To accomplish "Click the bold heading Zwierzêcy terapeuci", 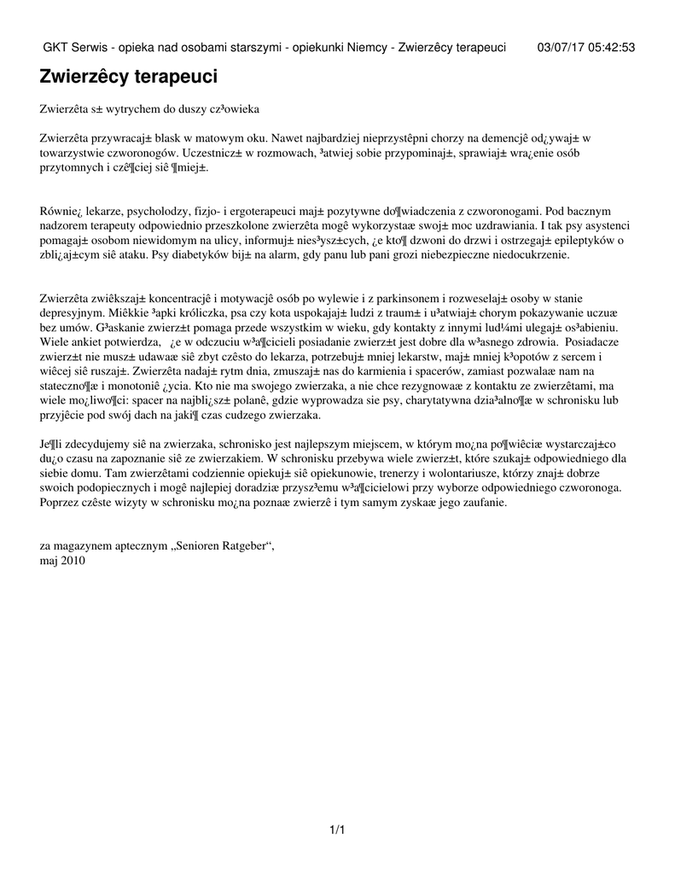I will coord(129,77).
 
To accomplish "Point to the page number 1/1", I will coord(336,829).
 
